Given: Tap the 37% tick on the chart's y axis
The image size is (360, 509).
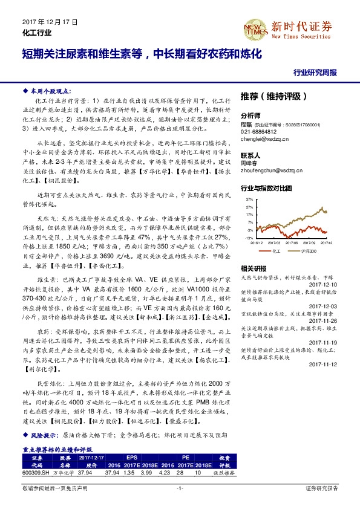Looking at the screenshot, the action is [x=249, y=198].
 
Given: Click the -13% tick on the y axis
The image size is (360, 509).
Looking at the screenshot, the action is [x=248, y=238].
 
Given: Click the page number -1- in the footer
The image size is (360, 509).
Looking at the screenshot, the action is [x=180, y=488].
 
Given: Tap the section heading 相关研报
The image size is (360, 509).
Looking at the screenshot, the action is [x=254, y=268].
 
